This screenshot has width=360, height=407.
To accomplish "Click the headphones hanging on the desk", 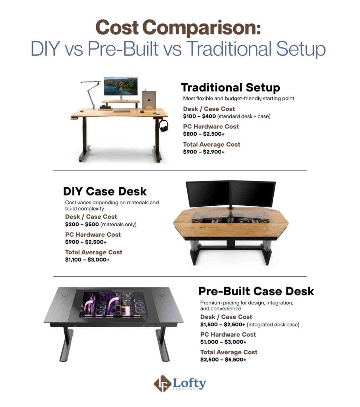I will pos(164,125).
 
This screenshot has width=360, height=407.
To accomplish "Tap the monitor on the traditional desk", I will pos(120,86).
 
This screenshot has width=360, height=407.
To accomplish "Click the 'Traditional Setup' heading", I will pos(230,87).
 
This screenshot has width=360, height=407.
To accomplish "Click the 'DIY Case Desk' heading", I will pos(105,191).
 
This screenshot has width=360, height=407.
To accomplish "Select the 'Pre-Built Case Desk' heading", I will pos(256,291).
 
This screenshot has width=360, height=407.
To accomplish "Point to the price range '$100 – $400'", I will pos(199,116).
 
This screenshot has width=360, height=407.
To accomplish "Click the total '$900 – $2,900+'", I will pos(203,152).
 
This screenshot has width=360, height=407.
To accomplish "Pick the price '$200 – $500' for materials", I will pos(82,224).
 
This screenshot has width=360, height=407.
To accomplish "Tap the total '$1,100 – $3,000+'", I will pos(87,260).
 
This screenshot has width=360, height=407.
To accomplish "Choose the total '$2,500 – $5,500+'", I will pos(223,359).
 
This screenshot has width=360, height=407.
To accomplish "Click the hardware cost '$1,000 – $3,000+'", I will pos(223,342).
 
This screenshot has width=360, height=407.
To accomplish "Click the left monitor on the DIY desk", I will pos(207,193).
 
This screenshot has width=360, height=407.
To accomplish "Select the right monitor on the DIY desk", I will pos(253,194).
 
